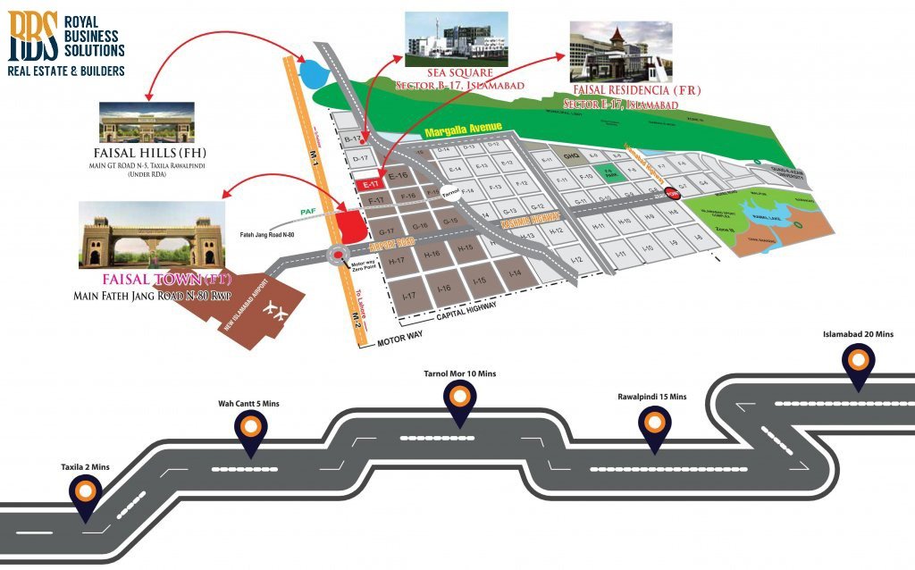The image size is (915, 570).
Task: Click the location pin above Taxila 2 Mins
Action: tap(86, 491)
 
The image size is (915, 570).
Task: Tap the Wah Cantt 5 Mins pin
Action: tap(250, 432)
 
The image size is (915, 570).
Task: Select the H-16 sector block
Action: tap(432, 255)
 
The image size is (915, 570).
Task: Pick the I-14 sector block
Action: tap(514, 272)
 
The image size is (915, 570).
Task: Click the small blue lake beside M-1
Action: tap(314, 71)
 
